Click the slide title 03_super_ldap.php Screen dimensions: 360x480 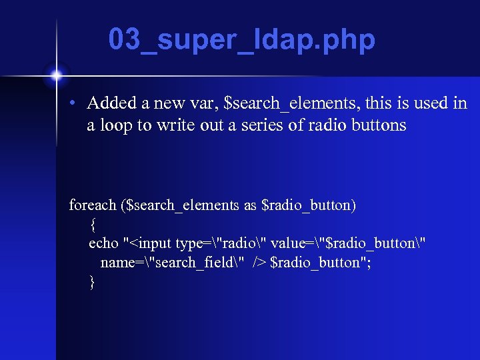click(x=242, y=41)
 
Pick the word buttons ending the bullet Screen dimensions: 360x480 click(x=377, y=125)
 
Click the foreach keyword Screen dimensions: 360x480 click(x=94, y=205)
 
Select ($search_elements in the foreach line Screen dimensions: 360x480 click(x=182, y=205)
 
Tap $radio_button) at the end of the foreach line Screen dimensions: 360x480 click(x=309, y=205)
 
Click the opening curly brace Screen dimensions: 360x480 click(x=93, y=225)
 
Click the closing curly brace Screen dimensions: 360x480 click(x=93, y=282)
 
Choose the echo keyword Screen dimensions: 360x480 click(x=103, y=243)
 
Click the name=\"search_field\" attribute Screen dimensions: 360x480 click(x=173, y=263)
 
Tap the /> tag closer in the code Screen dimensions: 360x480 click(x=259, y=263)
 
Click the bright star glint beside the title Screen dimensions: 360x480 click(x=56, y=73)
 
